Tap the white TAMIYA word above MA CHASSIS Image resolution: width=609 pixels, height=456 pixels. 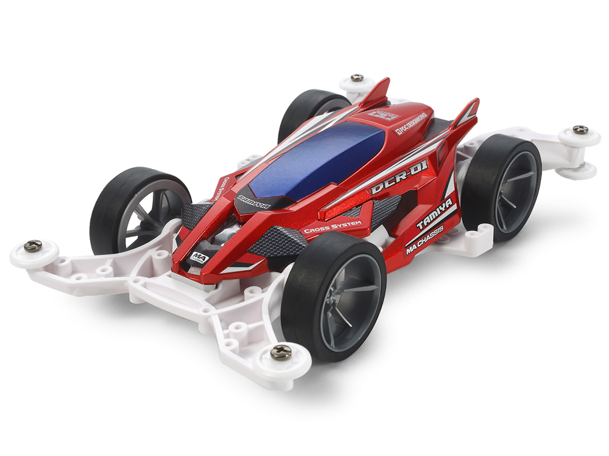tap(435, 215)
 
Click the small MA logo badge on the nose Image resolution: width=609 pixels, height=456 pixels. tap(199, 257)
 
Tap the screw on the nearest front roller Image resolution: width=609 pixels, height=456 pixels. tap(281, 351)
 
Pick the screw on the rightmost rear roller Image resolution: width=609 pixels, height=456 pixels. tap(580, 130)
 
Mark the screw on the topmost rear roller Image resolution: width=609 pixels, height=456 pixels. tap(357, 78)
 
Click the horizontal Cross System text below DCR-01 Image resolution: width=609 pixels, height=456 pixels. tap(333, 227)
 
